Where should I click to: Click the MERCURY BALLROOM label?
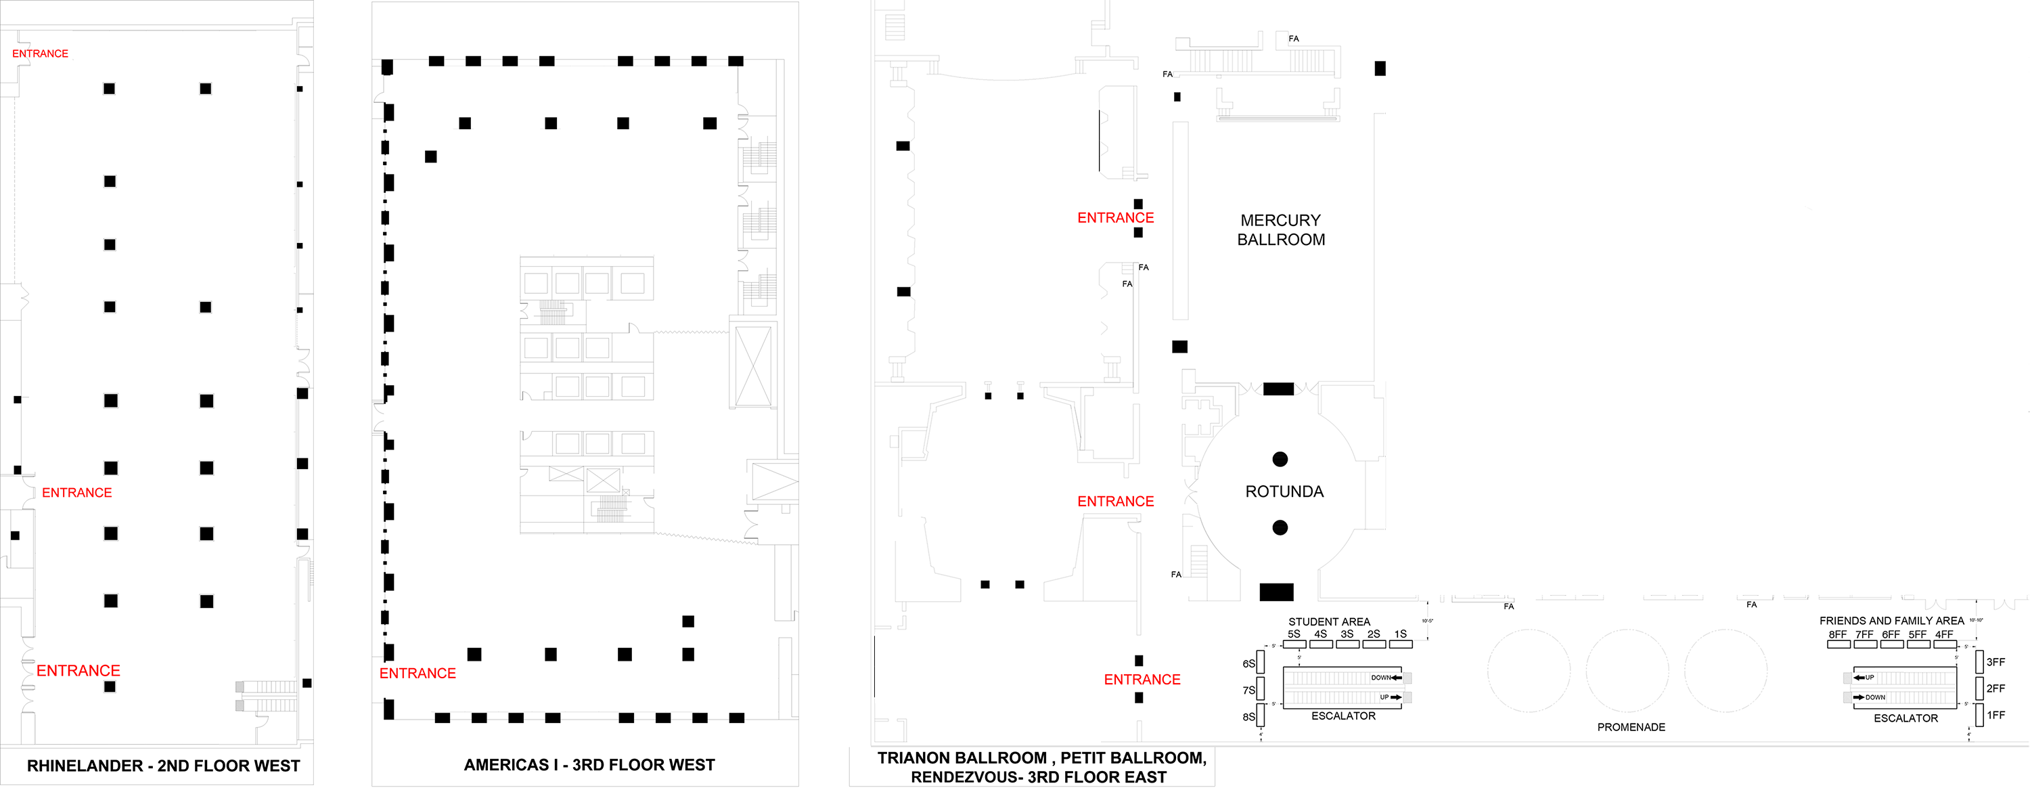(x=1280, y=230)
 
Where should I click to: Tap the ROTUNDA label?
(x=1284, y=491)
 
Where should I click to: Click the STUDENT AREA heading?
(x=1329, y=622)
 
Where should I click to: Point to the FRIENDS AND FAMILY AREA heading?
(x=1891, y=621)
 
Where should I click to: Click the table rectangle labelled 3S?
(x=1347, y=644)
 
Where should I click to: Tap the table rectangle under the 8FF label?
(x=1838, y=644)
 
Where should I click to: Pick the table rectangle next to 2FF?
(x=1979, y=688)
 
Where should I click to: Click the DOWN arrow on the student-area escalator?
(x=1397, y=678)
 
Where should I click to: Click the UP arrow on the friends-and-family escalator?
(x=1858, y=678)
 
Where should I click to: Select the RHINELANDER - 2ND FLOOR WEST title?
(x=163, y=766)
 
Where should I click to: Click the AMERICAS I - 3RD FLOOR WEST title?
(x=589, y=765)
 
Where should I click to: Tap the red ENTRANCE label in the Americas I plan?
(x=418, y=674)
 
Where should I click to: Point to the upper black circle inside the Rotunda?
(x=1280, y=460)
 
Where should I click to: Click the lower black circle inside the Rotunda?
(x=1280, y=528)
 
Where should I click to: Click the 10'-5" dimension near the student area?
(x=1427, y=621)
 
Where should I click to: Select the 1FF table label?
(x=1995, y=716)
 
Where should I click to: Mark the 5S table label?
(x=1294, y=634)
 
